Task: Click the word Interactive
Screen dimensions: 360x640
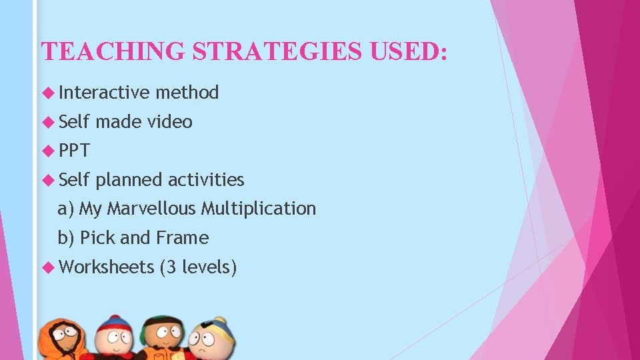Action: (x=104, y=92)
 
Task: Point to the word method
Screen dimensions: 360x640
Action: (x=187, y=92)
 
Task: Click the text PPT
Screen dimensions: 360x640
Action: (x=74, y=151)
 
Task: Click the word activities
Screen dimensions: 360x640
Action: (x=206, y=179)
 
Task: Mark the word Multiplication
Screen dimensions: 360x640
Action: (x=259, y=209)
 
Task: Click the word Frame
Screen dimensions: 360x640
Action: (x=183, y=238)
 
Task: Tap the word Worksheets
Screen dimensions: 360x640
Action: (x=107, y=267)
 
